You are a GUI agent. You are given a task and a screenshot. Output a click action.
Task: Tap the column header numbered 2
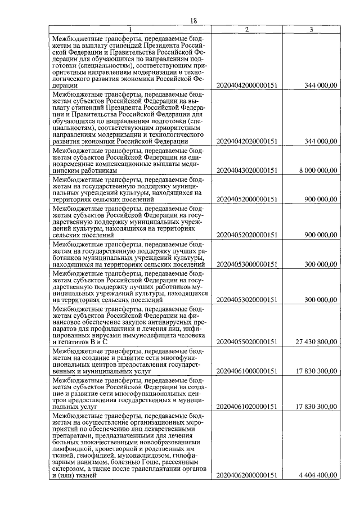(x=247, y=29)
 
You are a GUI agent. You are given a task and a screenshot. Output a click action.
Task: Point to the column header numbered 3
(x=312, y=29)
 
